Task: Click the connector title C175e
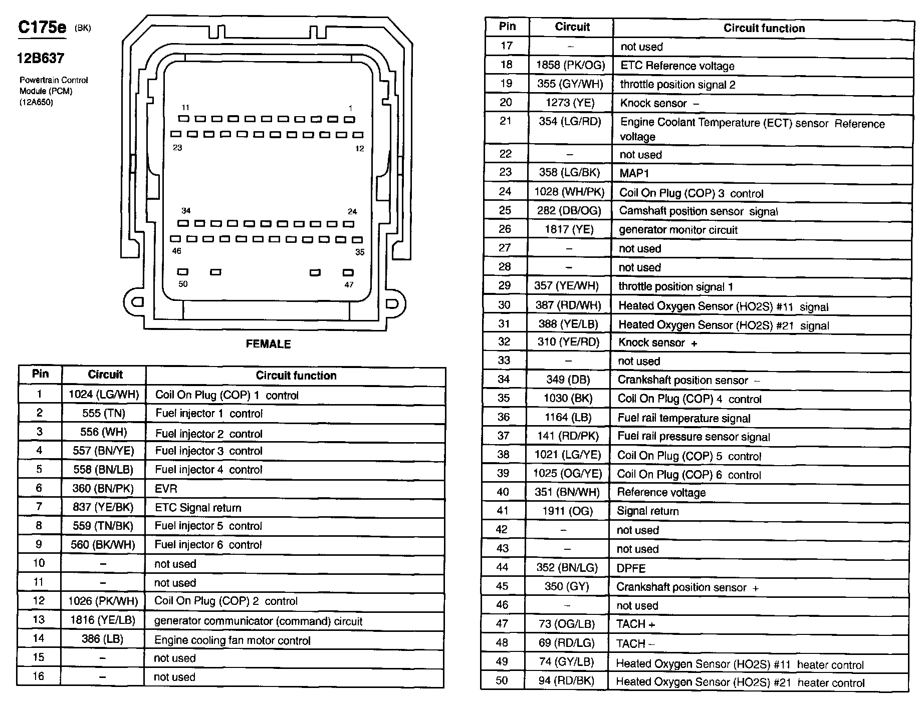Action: pyautogui.click(x=42, y=28)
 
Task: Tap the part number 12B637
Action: pyautogui.click(x=41, y=59)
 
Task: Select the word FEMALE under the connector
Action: pyautogui.click(x=268, y=344)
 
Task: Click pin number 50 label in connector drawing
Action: pyautogui.click(x=183, y=284)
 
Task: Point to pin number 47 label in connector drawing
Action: pyautogui.click(x=349, y=285)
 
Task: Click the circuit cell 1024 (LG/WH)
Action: pyautogui.click(x=104, y=395)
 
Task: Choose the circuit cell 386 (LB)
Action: pyautogui.click(x=102, y=639)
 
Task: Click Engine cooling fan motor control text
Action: pyautogui.click(x=232, y=640)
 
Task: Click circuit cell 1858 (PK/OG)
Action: pyautogui.click(x=570, y=65)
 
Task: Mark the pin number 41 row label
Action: pyautogui.click(x=503, y=511)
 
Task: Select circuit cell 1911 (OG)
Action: pyautogui.click(x=567, y=511)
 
